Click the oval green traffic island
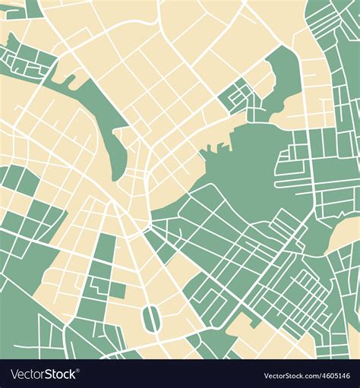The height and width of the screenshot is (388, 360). pos(150,318)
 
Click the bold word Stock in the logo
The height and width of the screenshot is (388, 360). pos(60,374)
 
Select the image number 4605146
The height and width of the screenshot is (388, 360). pos(334,376)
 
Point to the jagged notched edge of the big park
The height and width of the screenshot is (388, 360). pos(216,148)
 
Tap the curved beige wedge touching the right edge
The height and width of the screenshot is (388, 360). pos(346,235)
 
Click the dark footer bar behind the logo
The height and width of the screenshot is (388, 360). pos(180,374)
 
